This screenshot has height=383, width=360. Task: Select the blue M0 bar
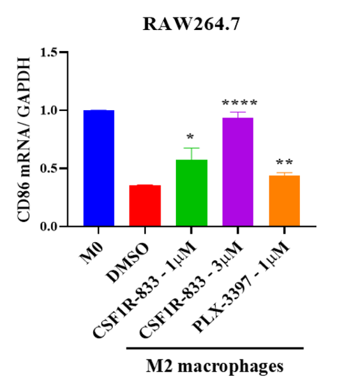coord(99,168)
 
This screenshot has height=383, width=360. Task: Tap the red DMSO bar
coord(145,206)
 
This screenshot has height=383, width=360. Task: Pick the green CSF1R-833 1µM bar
coord(191,193)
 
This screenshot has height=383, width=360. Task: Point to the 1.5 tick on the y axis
coord(50,53)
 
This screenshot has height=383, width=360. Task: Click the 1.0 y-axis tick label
coord(50,111)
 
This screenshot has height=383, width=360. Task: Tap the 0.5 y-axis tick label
coord(50,168)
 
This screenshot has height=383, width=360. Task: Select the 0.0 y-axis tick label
coord(50,227)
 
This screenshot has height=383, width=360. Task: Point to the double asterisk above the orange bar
coord(284,163)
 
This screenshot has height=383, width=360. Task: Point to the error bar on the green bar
coord(191,153)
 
